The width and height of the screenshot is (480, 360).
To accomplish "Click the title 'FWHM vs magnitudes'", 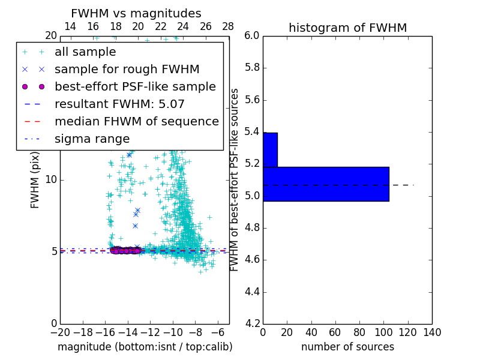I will click(x=136, y=13).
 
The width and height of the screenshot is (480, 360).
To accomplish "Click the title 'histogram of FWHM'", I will click(x=347, y=28).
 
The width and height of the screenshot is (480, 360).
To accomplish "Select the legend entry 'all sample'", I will click(x=85, y=52).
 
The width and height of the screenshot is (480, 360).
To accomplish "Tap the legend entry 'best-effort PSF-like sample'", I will click(x=135, y=86).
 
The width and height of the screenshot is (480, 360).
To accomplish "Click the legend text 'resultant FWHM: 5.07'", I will click(x=119, y=104).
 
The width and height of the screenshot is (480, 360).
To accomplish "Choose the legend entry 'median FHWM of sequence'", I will click(x=136, y=121).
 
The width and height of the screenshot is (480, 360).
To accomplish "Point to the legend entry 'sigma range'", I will click(x=92, y=139).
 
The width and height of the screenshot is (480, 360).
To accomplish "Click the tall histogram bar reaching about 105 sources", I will click(x=326, y=184).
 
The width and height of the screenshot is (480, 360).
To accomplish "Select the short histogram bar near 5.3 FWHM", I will click(x=270, y=149).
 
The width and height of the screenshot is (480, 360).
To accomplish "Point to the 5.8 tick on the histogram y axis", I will click(x=251, y=68).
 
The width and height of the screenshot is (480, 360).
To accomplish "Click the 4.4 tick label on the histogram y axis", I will click(x=251, y=292).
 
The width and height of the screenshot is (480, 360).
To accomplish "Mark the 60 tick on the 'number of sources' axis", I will click(x=335, y=332).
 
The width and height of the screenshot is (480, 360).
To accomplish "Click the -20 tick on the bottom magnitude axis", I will click(x=60, y=332).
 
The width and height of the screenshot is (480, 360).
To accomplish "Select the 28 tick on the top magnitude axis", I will click(x=228, y=26).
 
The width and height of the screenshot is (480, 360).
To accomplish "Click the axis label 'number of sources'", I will click(x=347, y=347).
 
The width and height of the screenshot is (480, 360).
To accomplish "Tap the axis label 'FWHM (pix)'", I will click(x=35, y=179).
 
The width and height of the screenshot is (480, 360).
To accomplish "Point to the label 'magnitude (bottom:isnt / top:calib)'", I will click(x=145, y=347).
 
